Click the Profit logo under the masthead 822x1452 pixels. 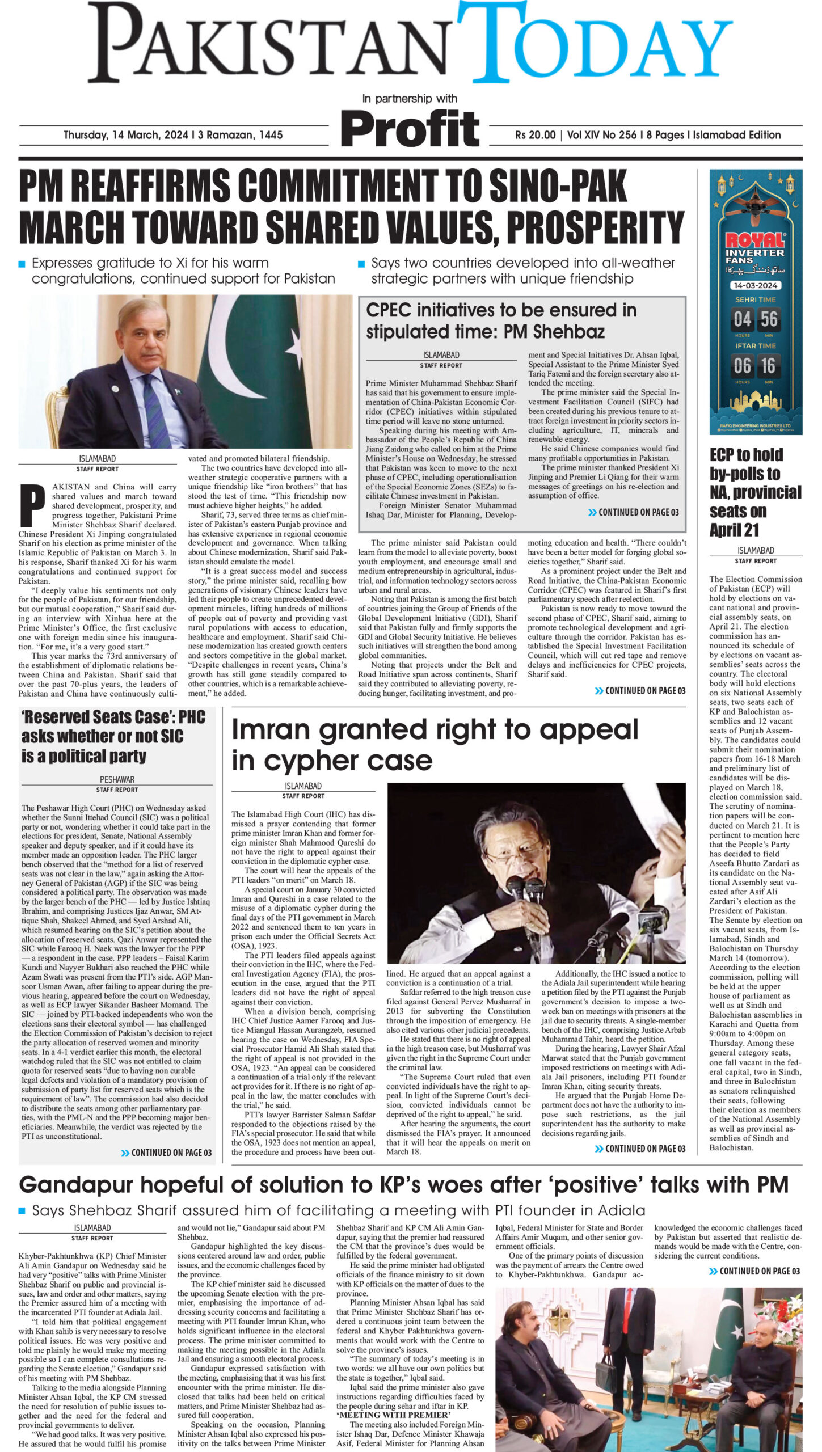pyautogui.click(x=410, y=129)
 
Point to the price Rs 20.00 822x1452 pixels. pyautogui.click(x=535, y=135)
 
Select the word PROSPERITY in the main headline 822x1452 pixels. pyautogui.click(x=595, y=226)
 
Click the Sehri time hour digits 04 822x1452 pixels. pyautogui.click(x=743, y=319)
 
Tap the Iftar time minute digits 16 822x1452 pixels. pyautogui.click(x=769, y=366)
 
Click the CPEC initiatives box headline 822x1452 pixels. pyautogui.click(x=501, y=320)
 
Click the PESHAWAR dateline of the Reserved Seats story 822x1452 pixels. pyautogui.click(x=117, y=779)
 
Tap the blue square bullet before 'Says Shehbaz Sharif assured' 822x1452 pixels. pyautogui.click(x=22, y=1211)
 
